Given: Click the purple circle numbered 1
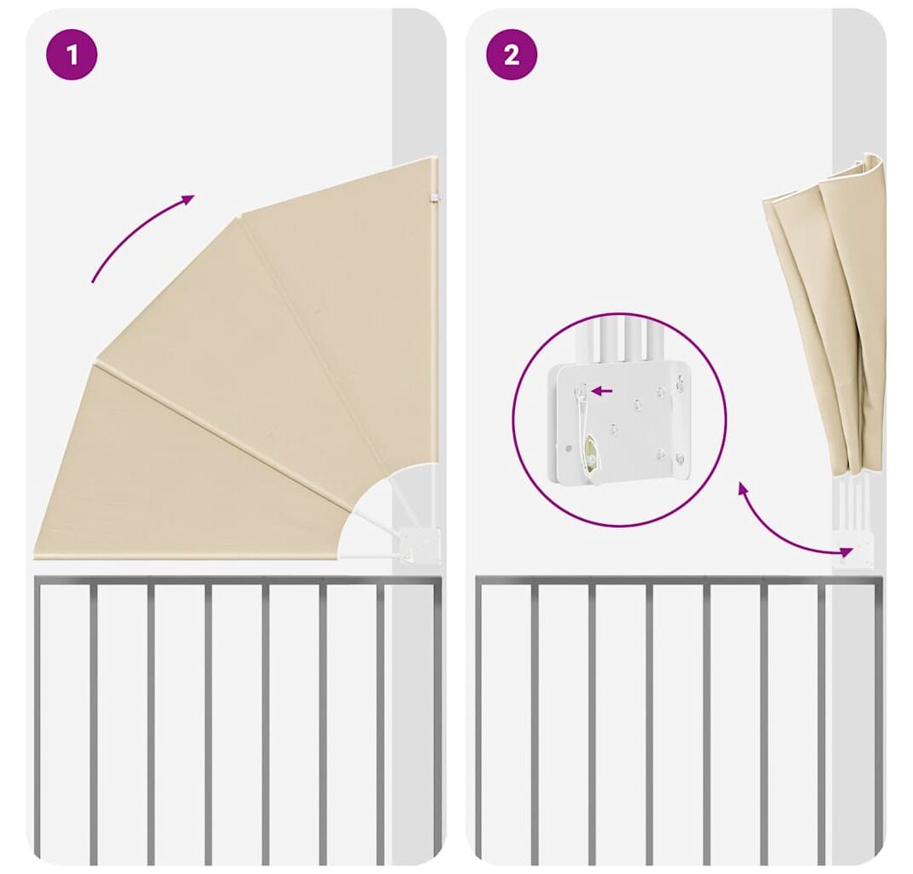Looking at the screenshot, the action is click(x=72, y=55).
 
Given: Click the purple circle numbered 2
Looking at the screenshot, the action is click(x=512, y=55).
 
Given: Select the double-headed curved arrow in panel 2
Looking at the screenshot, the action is click(x=786, y=527).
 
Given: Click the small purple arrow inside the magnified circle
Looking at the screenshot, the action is click(x=602, y=391).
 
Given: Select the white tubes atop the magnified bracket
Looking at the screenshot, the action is click(x=623, y=343).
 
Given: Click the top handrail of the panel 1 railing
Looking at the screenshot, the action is click(x=237, y=580).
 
